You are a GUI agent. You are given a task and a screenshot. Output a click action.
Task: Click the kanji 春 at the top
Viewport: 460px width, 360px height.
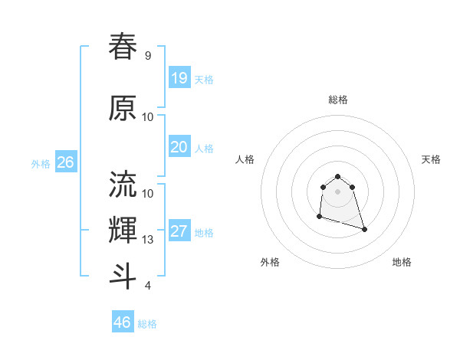tap(123, 47)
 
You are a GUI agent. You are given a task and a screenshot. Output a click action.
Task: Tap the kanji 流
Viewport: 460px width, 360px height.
tap(123, 184)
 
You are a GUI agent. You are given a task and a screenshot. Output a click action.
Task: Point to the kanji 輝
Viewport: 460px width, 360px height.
tap(123, 230)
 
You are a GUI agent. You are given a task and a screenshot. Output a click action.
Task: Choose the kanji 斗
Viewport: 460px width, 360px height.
tap(123, 277)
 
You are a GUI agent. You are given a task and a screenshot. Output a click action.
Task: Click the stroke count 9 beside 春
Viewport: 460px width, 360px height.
tap(147, 56)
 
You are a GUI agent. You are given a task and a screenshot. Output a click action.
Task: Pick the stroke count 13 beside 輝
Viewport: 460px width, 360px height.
tap(148, 240)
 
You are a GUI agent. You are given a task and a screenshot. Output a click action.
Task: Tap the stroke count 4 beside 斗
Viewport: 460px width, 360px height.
tap(147, 286)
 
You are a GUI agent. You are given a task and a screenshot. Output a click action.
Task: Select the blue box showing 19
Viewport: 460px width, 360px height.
tap(179, 77)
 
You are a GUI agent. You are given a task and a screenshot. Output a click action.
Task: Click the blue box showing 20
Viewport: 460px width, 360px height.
tap(179, 147)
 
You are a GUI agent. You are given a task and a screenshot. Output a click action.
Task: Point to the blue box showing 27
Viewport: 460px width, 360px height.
tap(179, 231)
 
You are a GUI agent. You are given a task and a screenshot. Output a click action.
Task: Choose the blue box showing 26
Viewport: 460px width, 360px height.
tap(65, 162)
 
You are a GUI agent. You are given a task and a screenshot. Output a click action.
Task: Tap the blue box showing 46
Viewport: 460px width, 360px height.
tap(122, 322)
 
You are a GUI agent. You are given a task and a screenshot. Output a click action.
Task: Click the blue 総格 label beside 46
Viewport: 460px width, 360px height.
tap(147, 324)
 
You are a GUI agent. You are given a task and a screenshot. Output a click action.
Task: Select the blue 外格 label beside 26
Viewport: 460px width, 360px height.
tap(41, 163)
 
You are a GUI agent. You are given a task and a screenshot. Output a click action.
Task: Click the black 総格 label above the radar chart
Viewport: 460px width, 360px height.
tap(337, 100)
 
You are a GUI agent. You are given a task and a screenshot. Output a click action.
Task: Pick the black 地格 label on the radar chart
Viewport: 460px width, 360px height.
tap(402, 262)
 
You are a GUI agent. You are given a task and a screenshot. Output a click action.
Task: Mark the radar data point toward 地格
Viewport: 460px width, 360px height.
tap(364, 229)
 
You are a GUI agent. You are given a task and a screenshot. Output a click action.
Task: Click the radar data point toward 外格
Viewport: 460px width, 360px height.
tap(319, 217)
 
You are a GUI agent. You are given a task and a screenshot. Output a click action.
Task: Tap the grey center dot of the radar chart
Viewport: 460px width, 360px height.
tap(337, 191)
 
